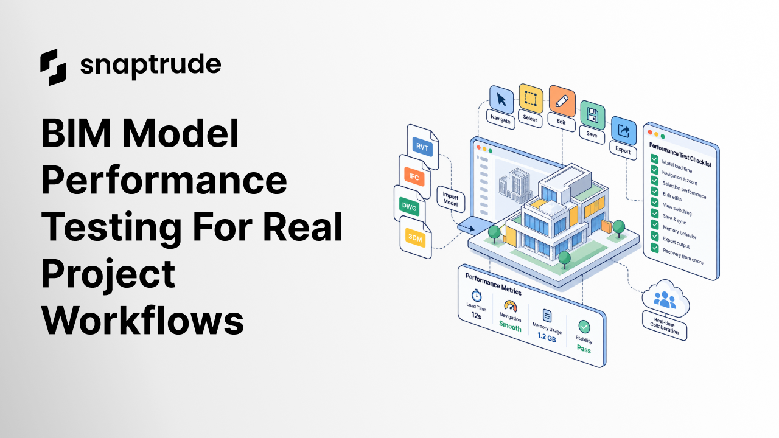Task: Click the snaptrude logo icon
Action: (x=53, y=67)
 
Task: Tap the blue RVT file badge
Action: (x=422, y=147)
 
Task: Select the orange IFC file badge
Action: (x=414, y=176)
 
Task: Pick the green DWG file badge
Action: (x=409, y=207)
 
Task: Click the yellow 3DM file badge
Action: (x=415, y=238)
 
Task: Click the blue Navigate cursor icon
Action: (x=501, y=100)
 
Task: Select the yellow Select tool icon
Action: (x=531, y=99)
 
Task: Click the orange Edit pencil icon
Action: (x=562, y=101)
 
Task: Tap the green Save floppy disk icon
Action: (x=593, y=116)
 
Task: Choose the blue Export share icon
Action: (x=624, y=131)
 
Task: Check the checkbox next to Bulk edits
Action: (x=654, y=192)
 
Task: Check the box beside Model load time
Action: (x=654, y=159)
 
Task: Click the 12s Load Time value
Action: (x=476, y=316)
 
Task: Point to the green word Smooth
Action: (x=510, y=326)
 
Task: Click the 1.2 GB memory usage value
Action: (x=547, y=337)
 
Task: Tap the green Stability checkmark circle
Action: (x=584, y=327)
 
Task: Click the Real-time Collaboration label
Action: (x=664, y=325)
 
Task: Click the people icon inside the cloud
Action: (x=665, y=300)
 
